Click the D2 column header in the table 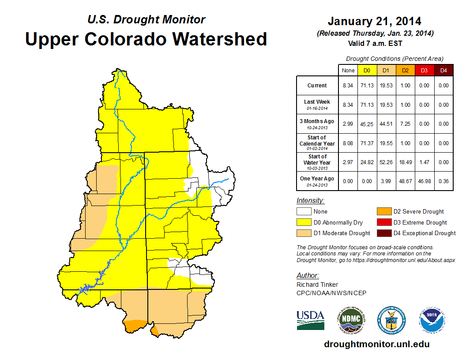click(405, 70)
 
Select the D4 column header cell click(443, 70)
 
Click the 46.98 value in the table click(424, 181)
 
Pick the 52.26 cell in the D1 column click(386, 162)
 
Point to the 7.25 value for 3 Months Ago click(405, 124)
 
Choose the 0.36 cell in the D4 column click(443, 181)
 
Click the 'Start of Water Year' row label click(317, 162)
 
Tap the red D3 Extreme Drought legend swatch click(383, 222)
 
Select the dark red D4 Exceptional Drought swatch click(383, 233)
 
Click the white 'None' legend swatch click(304, 211)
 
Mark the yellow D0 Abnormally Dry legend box click(304, 222)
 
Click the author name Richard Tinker click(317, 285)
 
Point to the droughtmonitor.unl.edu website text click(376, 344)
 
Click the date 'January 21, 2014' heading click(374, 21)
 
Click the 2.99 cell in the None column click(348, 124)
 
